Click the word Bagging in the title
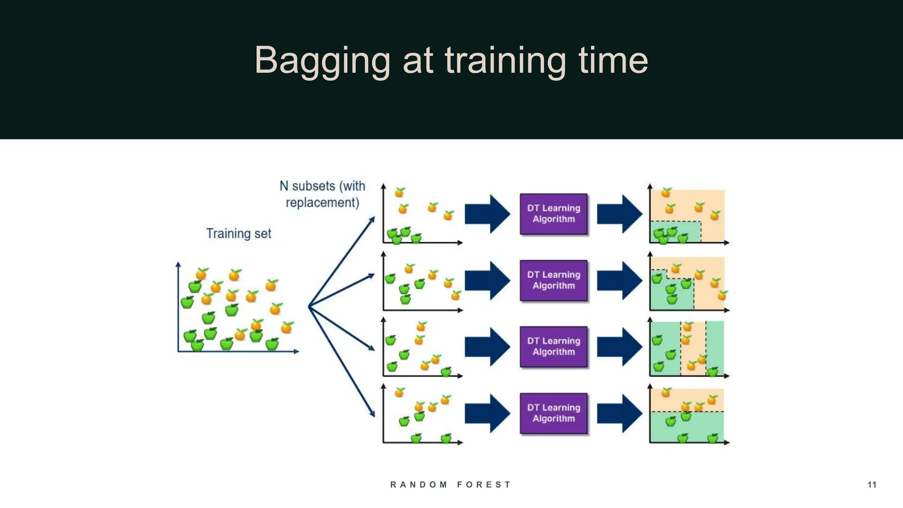point(322,61)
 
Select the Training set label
point(239,233)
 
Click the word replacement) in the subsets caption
point(322,203)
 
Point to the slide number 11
point(872,485)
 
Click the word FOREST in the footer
point(484,485)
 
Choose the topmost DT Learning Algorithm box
point(553,214)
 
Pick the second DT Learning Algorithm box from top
point(553,280)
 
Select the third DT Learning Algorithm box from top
point(553,347)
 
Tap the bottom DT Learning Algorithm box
point(553,413)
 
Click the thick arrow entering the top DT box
point(487,214)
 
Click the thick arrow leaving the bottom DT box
point(619,413)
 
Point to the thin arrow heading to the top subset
point(342,261)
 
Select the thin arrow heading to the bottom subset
point(342,362)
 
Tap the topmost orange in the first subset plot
point(399,192)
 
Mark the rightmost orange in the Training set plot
point(287,328)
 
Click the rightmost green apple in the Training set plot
point(272,344)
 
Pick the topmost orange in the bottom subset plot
point(399,392)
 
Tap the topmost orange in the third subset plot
point(422,326)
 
